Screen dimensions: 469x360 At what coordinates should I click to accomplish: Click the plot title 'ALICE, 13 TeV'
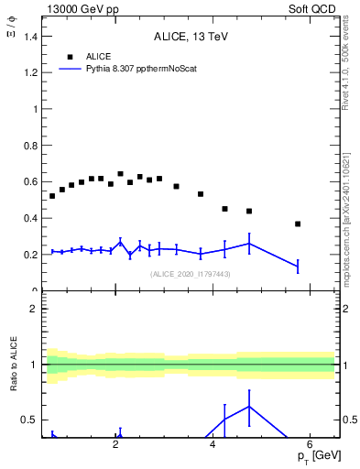click(x=188, y=37)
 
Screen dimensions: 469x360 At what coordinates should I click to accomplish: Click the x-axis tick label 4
click(x=213, y=446)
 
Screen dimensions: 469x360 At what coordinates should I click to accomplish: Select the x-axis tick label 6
click(x=310, y=446)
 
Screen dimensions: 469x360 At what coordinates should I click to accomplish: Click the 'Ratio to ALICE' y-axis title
click(x=13, y=365)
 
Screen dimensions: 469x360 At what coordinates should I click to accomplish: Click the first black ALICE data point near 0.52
click(x=52, y=196)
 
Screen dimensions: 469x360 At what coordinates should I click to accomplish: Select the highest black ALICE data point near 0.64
click(x=120, y=174)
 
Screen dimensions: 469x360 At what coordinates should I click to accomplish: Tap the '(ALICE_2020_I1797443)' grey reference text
click(x=188, y=274)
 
